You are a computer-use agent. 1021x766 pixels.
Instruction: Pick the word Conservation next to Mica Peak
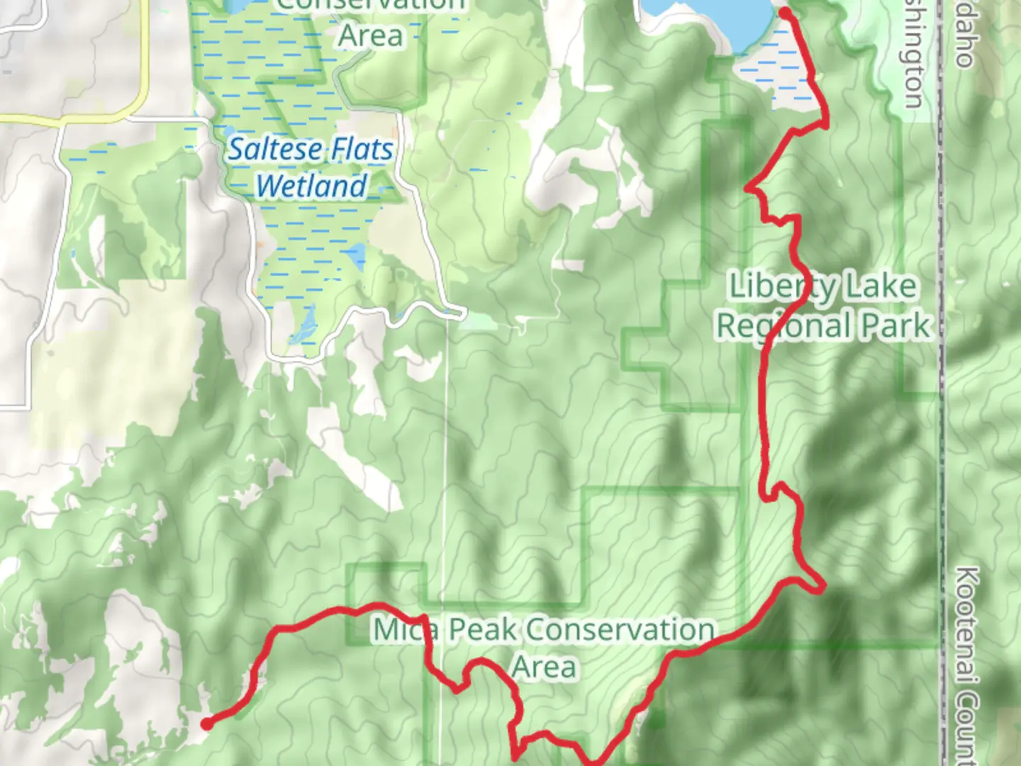(x=620, y=630)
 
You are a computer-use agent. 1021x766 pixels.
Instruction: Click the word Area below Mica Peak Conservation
(x=544, y=667)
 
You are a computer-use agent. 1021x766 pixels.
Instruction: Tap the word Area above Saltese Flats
(x=370, y=35)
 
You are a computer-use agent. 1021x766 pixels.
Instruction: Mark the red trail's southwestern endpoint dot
(x=206, y=724)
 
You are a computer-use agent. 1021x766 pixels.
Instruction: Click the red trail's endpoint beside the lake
(x=785, y=12)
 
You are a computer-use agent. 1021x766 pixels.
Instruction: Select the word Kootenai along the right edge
(x=966, y=624)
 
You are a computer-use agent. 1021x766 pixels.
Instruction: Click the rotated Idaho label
(x=963, y=35)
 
